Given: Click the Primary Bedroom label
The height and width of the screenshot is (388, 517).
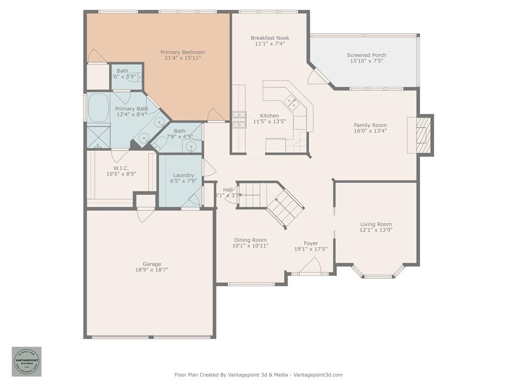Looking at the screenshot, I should pos(182,52).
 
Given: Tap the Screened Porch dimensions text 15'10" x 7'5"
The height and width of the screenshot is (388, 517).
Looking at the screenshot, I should pos(366,61).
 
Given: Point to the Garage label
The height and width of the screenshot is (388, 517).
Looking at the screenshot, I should pos(151,264).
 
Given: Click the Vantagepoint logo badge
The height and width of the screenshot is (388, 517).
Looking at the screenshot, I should pos(27,362).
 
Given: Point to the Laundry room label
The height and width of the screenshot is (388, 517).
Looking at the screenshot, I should pos(183,175).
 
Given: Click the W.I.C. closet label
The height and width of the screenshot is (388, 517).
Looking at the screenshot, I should pos(121,168).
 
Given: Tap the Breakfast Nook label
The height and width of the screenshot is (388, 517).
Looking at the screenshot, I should pos(270,38).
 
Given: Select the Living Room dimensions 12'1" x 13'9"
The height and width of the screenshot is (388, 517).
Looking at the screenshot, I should pos(376,230).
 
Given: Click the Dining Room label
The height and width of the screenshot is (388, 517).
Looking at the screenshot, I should pos(250,240).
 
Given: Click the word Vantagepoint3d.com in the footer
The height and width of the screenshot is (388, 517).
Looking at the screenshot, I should pos(318,375).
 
